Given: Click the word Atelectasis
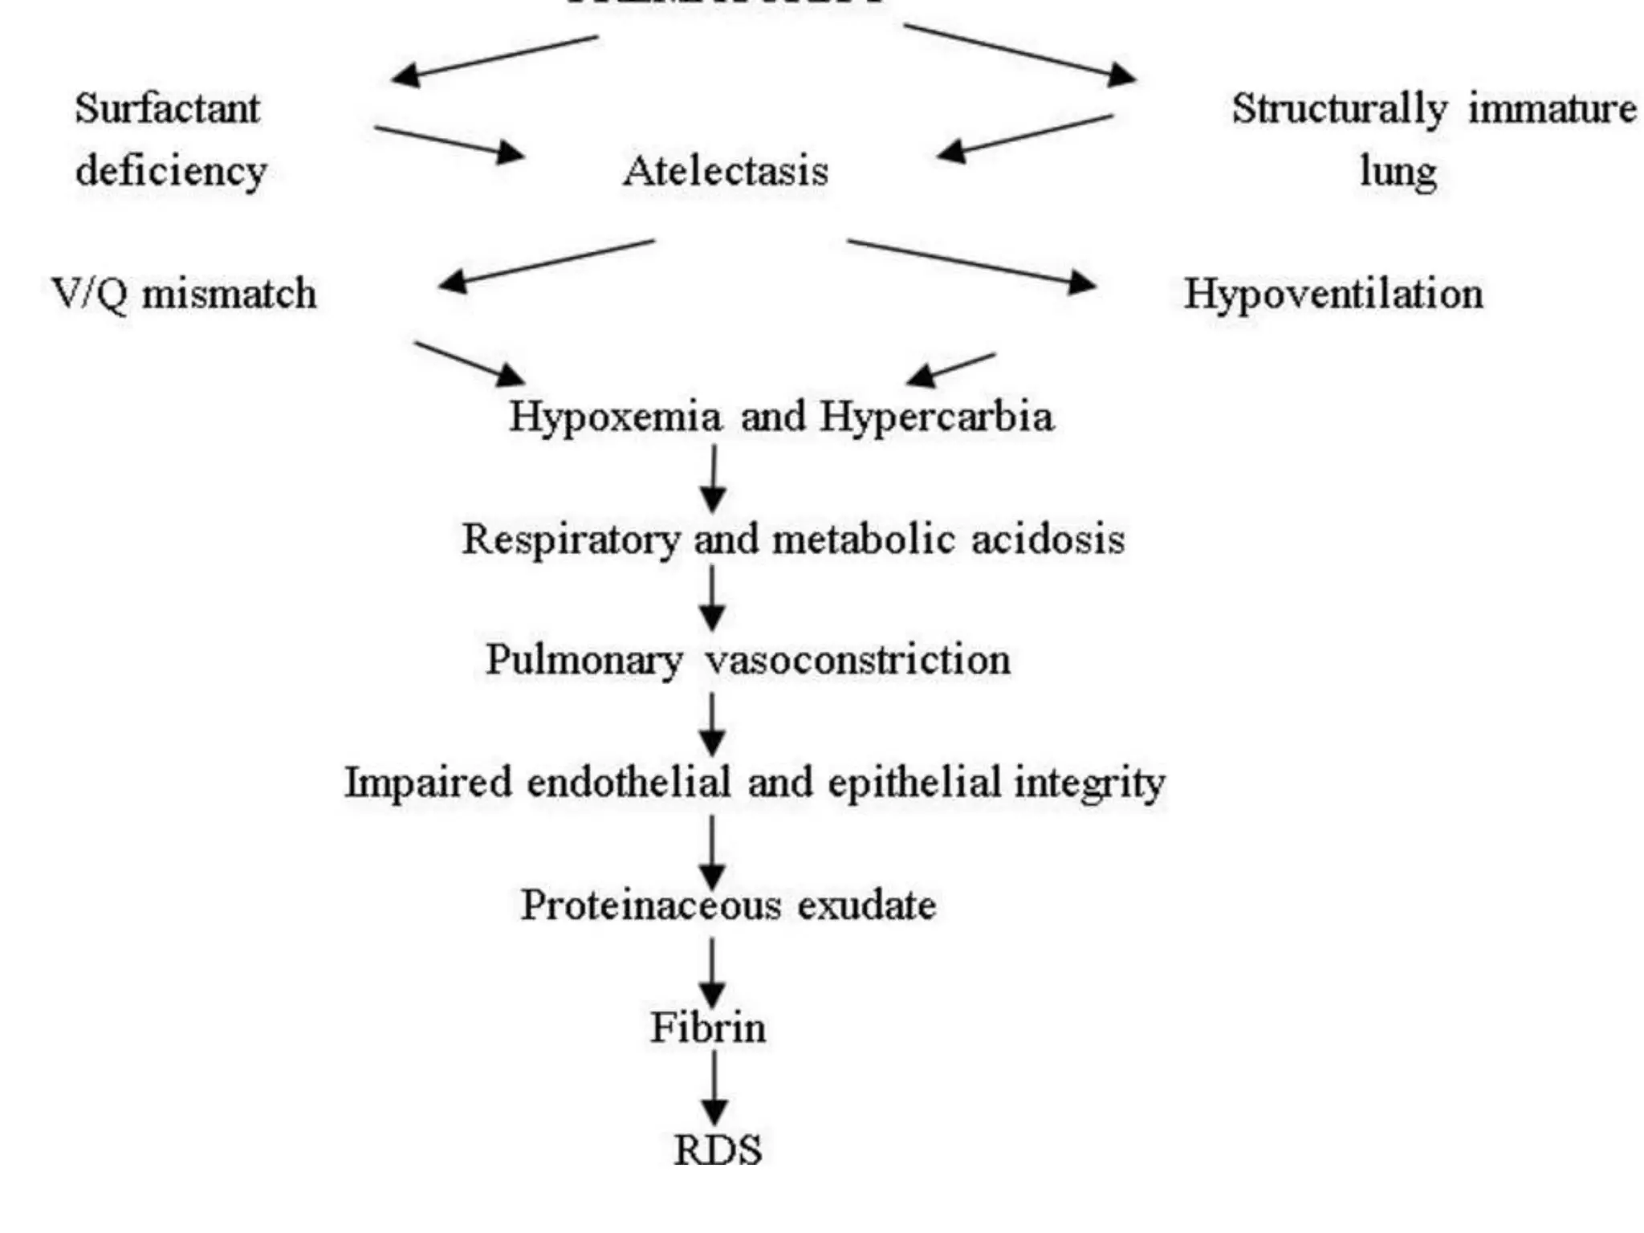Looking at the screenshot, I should (726, 171).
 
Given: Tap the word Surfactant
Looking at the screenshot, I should (167, 108).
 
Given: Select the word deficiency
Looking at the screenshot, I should (171, 172).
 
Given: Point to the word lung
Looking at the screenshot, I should (1398, 172).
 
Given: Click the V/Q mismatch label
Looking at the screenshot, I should (184, 294).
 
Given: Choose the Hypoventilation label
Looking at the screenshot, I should (1333, 294).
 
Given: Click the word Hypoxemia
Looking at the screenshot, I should (615, 417).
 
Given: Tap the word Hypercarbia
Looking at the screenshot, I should (936, 417).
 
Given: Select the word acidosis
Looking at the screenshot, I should (1048, 539).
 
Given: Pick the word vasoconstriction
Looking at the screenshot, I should (857, 661).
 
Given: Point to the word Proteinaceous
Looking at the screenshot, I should (651, 905).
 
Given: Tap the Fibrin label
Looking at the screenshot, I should (708, 1027).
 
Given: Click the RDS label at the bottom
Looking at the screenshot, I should (718, 1150).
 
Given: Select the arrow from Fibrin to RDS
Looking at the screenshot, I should (714, 1088).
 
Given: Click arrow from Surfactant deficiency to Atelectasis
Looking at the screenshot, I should (450, 141).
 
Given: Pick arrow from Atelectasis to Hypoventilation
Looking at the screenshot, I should (971, 262).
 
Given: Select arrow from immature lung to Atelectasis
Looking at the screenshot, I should (1025, 135).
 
